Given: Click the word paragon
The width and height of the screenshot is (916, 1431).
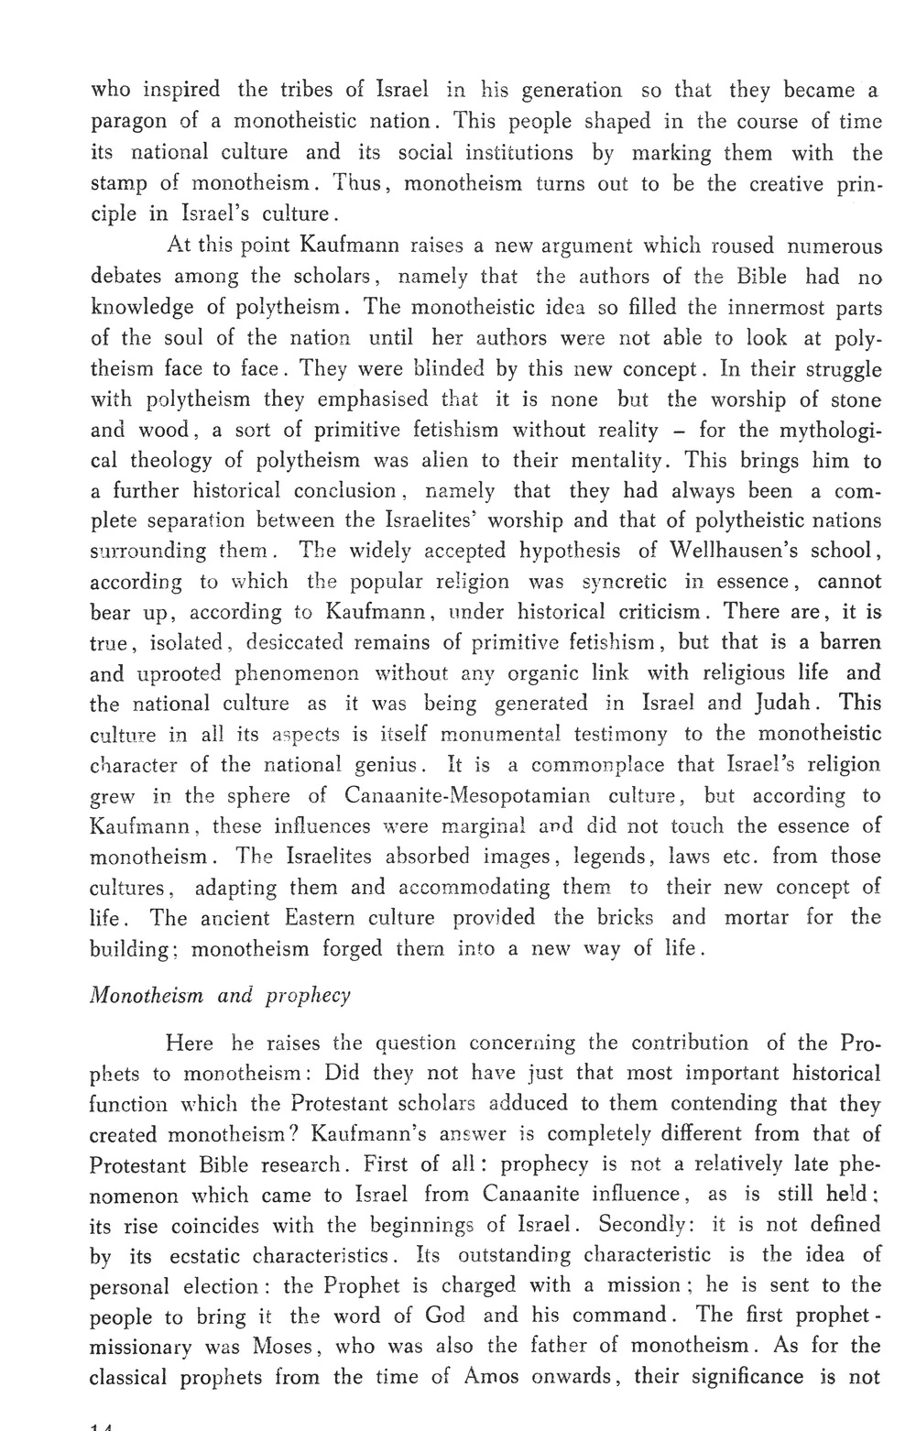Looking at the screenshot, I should pyautogui.click(x=131, y=122).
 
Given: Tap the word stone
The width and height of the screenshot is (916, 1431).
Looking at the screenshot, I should pyautogui.click(x=853, y=399).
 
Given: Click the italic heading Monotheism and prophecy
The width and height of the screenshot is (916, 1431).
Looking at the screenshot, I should pyautogui.click(x=220, y=996).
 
